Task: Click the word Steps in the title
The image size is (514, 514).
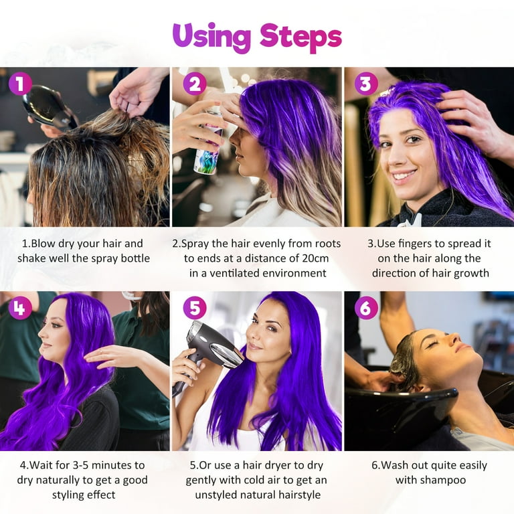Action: (301, 37)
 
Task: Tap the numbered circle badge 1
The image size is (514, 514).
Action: (20, 84)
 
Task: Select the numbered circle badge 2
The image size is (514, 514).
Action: (195, 84)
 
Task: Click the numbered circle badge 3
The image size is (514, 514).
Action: (366, 84)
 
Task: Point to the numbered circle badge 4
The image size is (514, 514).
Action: (20, 308)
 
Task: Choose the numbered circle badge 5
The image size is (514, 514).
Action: (195, 308)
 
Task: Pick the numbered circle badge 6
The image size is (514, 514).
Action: (366, 308)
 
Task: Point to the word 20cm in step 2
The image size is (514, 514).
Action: (315, 258)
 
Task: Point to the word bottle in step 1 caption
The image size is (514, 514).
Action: (135, 258)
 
